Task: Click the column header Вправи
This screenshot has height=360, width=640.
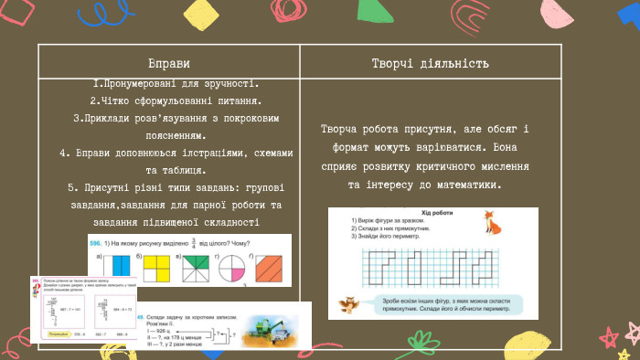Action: [x=169, y=64]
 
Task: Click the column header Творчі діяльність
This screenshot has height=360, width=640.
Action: [x=430, y=64]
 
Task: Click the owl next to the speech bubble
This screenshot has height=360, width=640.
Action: [x=347, y=304]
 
